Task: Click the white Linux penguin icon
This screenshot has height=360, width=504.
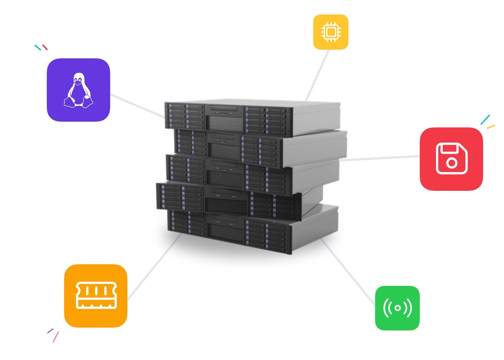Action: coord(78,90)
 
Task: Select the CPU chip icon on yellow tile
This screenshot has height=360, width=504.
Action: coord(331,32)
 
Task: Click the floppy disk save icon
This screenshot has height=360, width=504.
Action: coord(451,158)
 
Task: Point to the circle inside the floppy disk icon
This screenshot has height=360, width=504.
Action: coord(451,163)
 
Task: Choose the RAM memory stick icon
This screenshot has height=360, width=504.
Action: coord(96,296)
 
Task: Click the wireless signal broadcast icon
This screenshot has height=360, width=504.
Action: coord(397,308)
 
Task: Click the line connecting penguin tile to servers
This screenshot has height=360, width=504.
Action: coord(137,106)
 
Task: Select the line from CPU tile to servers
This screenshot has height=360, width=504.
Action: coord(317,76)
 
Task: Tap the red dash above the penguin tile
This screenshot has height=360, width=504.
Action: coord(45,47)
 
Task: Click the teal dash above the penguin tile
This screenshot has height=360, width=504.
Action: coord(38,48)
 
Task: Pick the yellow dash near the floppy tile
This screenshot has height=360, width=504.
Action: coord(491,127)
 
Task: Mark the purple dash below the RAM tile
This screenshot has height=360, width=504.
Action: coord(50,330)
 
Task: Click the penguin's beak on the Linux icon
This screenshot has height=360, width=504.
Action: coord(78,81)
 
